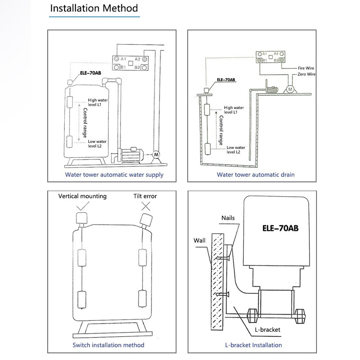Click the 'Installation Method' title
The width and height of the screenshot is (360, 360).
[x=94, y=8]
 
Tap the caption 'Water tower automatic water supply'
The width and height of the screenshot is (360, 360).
[x=114, y=175]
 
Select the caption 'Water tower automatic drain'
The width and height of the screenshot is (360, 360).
[x=256, y=175]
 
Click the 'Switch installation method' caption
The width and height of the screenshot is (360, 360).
[x=108, y=345]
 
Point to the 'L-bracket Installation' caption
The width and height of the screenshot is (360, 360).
[x=253, y=345]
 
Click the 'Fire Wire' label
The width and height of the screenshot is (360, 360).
[x=306, y=68]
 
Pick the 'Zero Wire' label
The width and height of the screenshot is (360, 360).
[x=306, y=74]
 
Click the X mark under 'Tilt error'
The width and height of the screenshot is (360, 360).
[x=145, y=206]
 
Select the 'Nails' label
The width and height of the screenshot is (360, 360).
[x=228, y=218]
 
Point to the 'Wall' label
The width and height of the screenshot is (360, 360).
[x=199, y=240]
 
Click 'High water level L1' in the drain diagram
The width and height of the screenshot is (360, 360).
[x=234, y=110]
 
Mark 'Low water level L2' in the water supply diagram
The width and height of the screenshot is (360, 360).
[x=98, y=144]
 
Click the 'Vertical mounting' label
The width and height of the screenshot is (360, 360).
[x=82, y=196]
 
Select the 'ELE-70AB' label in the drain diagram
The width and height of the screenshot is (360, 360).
[x=226, y=80]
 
